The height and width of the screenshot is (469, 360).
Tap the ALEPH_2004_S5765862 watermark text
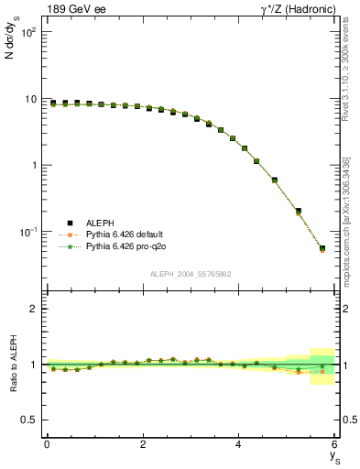pyautogui.click(x=191, y=274)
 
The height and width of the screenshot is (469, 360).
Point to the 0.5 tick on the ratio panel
pyautogui.click(x=29, y=420)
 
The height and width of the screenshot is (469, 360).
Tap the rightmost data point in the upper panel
pyautogui.click(x=322, y=248)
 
